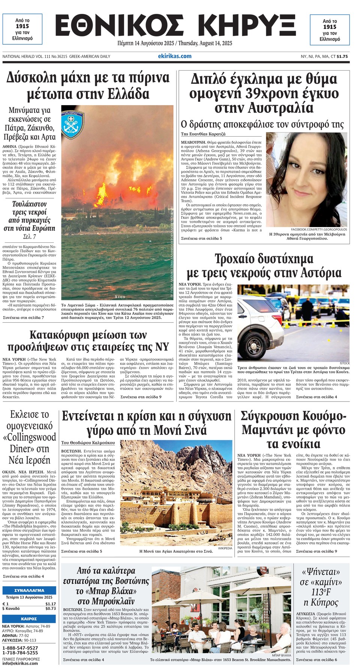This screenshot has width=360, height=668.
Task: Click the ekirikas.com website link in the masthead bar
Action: coord(175,56)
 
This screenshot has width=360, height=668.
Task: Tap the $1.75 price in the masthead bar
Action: coord(342,56)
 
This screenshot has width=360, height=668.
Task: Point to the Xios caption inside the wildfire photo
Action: coord(120,296)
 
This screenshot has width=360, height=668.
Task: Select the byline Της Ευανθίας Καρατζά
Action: coord(203,134)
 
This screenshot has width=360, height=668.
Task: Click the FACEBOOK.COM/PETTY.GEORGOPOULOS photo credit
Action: coord(319,229)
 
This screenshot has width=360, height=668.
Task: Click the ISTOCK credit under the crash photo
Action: coord(344,363)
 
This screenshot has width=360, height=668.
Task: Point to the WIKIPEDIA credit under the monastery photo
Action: coord(225,548)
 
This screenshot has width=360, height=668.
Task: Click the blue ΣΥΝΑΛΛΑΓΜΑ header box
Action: coord(29,590)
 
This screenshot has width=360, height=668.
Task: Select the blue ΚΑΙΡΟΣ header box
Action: coord(29,618)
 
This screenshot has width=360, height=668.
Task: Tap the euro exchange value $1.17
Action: coord(51,604)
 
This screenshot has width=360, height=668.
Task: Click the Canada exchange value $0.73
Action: coord(51,608)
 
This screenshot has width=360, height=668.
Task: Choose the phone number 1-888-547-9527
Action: coord(20,648)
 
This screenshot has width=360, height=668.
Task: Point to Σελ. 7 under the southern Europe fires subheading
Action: coord(29,236)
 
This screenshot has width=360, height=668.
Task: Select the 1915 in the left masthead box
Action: coord(22,26)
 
